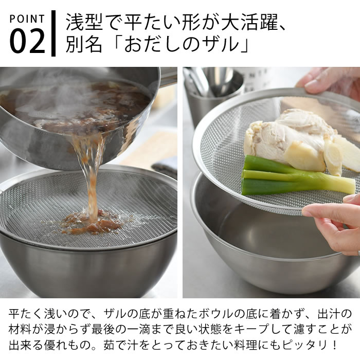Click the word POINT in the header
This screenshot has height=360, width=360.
pos(27,19)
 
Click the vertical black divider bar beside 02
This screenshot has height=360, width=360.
pos(53,33)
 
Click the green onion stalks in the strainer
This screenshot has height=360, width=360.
pos(288,177)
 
